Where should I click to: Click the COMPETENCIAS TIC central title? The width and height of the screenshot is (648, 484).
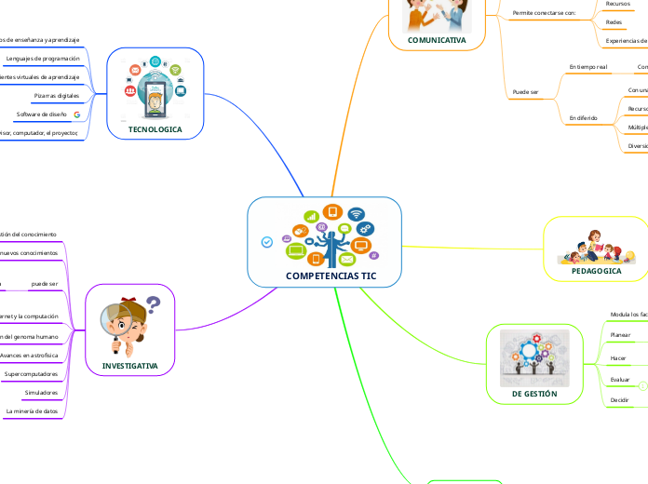pos(324,276)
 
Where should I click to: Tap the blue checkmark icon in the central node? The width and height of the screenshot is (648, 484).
pos(267,242)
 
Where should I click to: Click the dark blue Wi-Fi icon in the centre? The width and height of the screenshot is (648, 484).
pos(356,214)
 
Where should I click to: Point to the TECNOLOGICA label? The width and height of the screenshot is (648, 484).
pos(155,129)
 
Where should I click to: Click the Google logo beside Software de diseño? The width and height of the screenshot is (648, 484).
pos(76,114)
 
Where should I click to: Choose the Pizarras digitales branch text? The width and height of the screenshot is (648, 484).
pos(56,96)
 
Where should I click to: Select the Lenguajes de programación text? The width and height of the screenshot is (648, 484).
pos(43,58)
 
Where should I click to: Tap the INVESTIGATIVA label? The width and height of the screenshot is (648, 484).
pos(130,366)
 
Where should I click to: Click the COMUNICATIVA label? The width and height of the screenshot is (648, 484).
pos(437,40)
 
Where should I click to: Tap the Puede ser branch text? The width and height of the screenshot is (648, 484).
pos(526,92)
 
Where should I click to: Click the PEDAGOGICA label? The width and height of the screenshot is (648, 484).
pos(596,271)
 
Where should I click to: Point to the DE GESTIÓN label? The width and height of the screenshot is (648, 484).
pos(534,394)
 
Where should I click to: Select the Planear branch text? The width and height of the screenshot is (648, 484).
pos(619,335)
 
